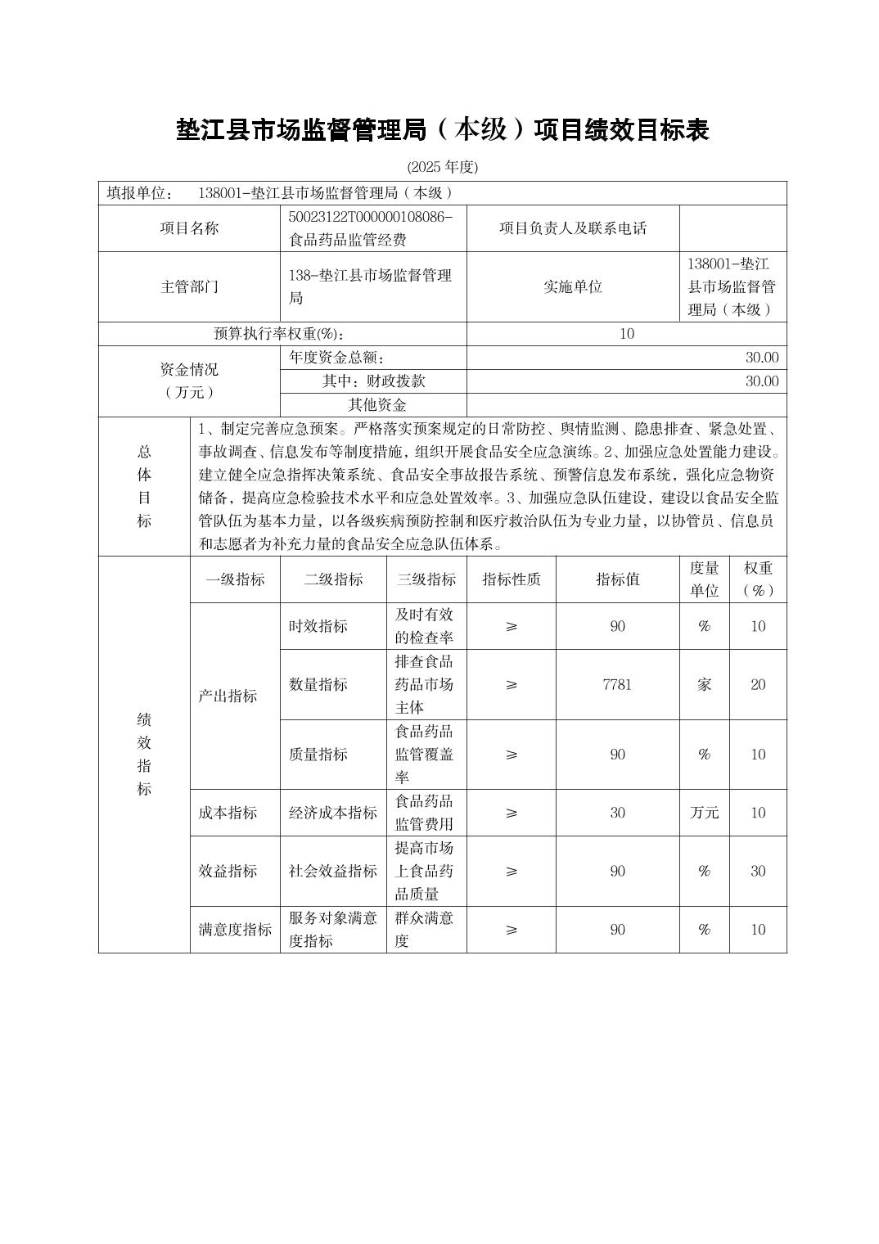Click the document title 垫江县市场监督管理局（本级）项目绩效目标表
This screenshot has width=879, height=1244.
(x=442, y=129)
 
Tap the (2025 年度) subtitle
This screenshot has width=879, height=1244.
(x=442, y=167)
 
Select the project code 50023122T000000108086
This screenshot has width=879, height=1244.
(x=370, y=217)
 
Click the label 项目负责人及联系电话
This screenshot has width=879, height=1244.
(x=573, y=228)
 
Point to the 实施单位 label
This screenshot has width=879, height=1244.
(x=573, y=286)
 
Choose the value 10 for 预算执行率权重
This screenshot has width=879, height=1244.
(x=627, y=334)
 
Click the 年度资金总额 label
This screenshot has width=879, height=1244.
(x=336, y=358)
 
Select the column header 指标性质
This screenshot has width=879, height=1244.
(x=512, y=579)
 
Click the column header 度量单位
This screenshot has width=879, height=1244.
(x=704, y=579)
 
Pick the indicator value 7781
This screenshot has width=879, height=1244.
(x=617, y=685)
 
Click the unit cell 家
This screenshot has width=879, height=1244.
(x=704, y=685)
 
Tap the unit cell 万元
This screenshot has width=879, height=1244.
(x=704, y=813)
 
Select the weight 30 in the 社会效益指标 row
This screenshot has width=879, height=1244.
(x=758, y=871)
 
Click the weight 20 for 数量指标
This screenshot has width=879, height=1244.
(x=758, y=685)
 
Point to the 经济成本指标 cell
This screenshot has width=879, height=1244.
(x=333, y=813)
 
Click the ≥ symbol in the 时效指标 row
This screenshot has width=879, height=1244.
(x=512, y=626)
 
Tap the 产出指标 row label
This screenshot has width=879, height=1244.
(x=228, y=696)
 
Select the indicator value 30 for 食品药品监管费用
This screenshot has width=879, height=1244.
(x=617, y=813)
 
